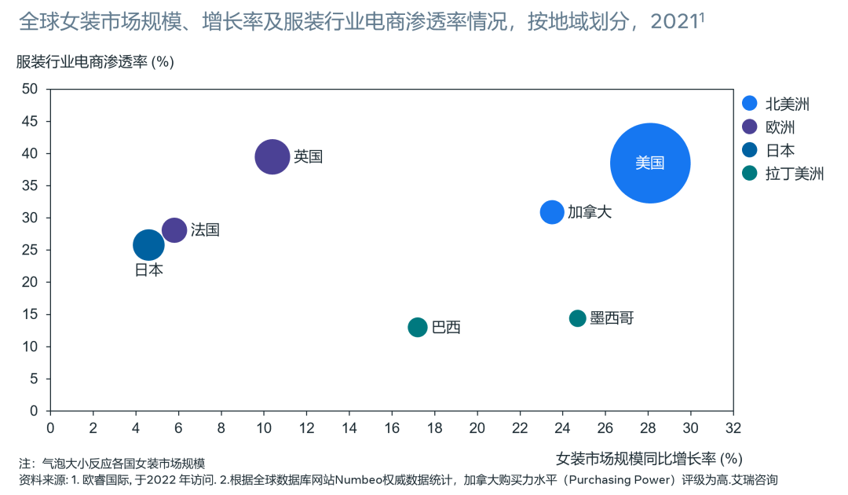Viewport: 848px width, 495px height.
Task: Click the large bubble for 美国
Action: coord(649,163)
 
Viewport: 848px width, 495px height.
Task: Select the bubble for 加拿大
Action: coord(552,212)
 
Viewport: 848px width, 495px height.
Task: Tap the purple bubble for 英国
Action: coord(272,156)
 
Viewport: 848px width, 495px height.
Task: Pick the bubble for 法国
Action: coord(174,230)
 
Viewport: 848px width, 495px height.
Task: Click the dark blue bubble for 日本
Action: coord(148,245)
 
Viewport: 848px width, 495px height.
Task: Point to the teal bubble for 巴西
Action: coord(418,327)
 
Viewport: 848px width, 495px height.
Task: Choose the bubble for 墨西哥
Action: coord(578,318)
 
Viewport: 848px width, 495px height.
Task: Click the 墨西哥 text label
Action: coord(612,318)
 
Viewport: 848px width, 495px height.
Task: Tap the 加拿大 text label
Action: coord(589,212)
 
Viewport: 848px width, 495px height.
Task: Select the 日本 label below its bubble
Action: coord(148,270)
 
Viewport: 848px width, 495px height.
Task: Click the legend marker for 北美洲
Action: coord(750,104)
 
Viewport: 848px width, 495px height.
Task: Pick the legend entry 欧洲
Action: coord(785,127)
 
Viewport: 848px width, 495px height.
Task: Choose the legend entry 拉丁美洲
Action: coord(794,174)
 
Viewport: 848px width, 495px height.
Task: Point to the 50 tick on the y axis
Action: coord(31,89)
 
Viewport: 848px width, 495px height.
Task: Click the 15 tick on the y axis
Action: coord(31,314)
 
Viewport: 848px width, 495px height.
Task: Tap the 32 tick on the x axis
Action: coord(733,427)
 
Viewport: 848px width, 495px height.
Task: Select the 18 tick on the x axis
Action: coord(434,427)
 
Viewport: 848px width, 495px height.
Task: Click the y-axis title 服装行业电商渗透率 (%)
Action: coord(95,62)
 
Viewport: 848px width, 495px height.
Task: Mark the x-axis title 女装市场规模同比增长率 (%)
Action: coord(649,458)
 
